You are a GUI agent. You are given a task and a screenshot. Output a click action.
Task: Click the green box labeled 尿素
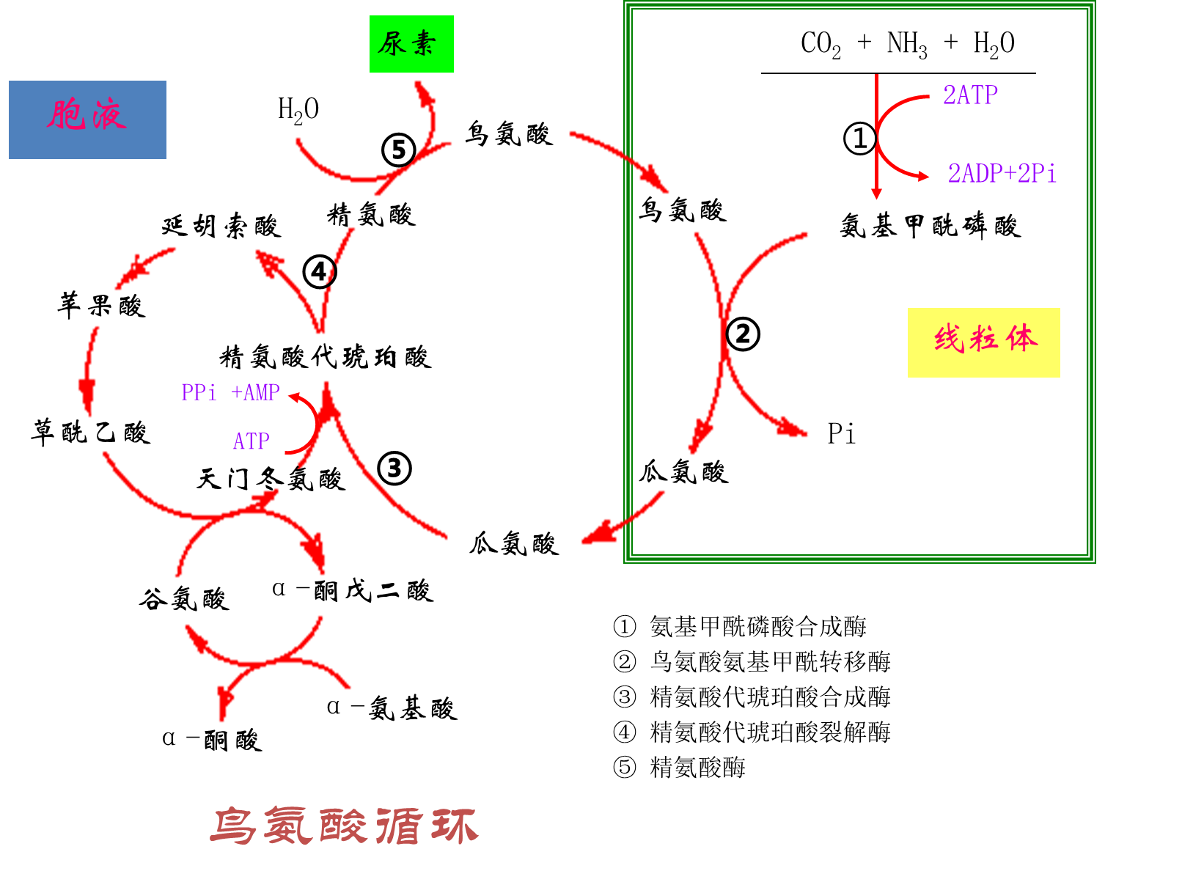[411, 44]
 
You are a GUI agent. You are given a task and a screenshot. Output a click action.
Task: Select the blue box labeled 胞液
[87, 120]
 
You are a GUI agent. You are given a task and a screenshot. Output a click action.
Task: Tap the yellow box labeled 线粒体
[983, 342]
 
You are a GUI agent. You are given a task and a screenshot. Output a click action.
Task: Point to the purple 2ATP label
[970, 95]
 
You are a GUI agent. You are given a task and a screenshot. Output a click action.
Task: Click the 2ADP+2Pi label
[1002, 174]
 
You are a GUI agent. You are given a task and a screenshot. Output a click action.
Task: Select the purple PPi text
[199, 392]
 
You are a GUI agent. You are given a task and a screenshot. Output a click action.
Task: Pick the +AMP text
[255, 392]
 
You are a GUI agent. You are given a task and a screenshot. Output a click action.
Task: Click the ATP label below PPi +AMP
[251, 441]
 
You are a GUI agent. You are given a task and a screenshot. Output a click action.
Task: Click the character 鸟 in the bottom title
[233, 826]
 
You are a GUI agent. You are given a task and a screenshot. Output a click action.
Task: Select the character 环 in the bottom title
[455, 826]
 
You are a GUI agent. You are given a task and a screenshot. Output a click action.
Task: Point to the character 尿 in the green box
[392, 43]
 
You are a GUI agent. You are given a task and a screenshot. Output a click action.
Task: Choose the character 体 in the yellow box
[1021, 339]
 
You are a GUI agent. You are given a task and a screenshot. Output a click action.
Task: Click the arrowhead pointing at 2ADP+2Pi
[922, 176]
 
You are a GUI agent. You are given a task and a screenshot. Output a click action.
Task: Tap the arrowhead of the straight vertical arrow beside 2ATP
[876, 194]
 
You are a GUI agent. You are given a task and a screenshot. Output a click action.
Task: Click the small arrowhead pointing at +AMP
[293, 397]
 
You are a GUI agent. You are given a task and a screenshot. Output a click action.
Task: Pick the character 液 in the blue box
[109, 116]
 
